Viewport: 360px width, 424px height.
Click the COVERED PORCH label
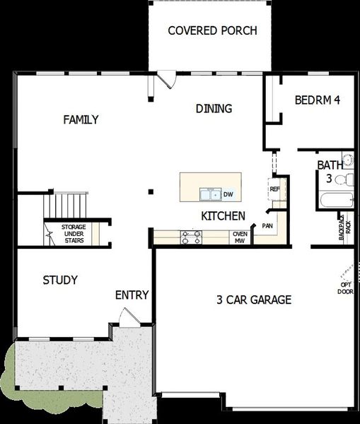click(x=211, y=30)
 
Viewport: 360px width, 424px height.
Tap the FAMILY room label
click(x=81, y=119)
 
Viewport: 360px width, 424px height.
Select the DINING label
click(x=214, y=108)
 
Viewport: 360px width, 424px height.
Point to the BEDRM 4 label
click(x=318, y=100)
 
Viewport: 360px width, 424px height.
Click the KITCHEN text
click(x=223, y=216)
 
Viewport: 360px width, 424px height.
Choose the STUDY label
click(x=60, y=280)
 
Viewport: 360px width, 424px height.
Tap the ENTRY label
click(x=132, y=295)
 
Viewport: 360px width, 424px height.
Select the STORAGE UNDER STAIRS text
click(x=74, y=233)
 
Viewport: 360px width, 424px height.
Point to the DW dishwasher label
click(x=228, y=194)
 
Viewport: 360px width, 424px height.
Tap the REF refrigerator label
click(x=274, y=189)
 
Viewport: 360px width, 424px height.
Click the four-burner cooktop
click(x=191, y=237)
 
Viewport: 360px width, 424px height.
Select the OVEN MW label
click(x=239, y=237)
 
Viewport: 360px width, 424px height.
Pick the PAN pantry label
click(x=267, y=225)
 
